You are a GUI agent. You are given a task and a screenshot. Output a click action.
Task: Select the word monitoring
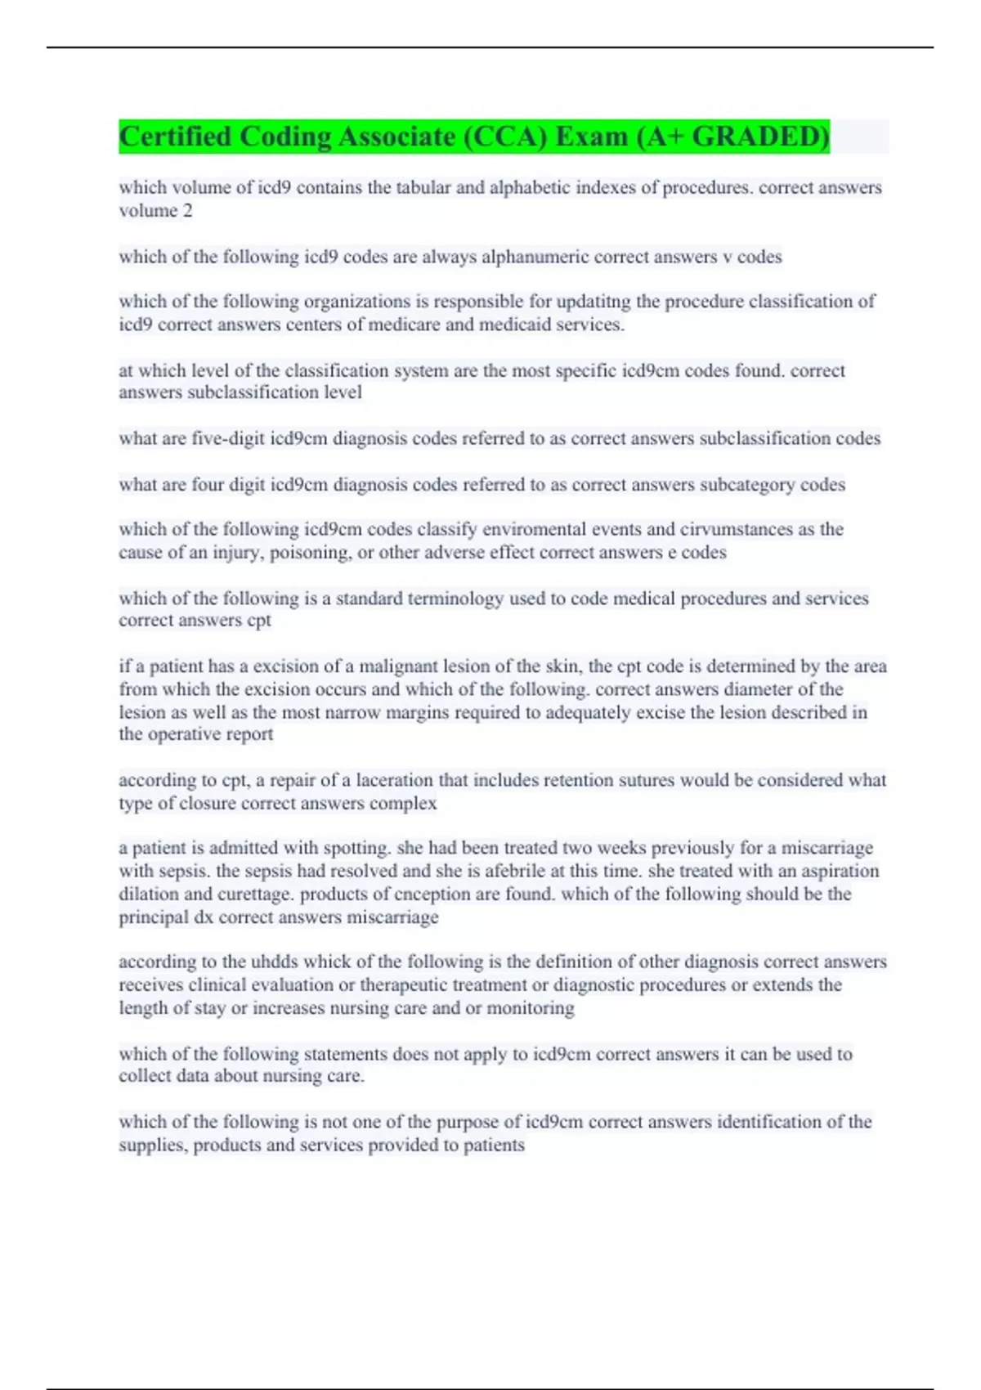click(x=530, y=1008)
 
